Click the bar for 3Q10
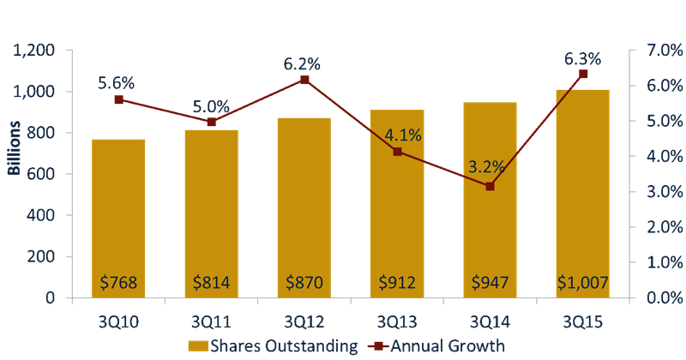[118, 219]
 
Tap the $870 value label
[304, 282]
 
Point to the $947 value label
[490, 282]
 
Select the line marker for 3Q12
[304, 81]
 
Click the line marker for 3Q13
[397, 152]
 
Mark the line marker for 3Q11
[212, 122]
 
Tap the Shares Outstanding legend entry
[269, 346]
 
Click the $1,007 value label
[582, 282]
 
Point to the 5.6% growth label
[117, 83]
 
